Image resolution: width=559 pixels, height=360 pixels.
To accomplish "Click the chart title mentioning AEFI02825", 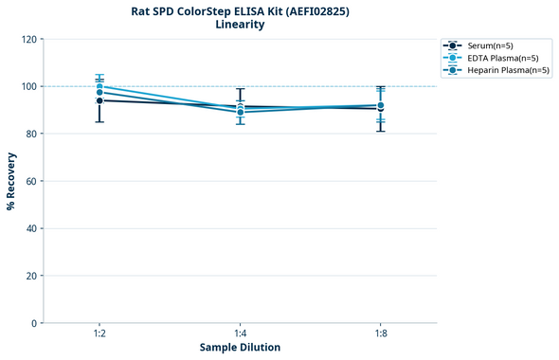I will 240,11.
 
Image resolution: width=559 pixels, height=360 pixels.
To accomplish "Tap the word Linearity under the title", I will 240,25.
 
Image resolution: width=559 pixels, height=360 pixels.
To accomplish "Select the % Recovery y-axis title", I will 11,181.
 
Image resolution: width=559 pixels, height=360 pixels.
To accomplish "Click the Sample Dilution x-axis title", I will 240,348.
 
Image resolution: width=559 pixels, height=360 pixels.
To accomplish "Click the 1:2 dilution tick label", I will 99,333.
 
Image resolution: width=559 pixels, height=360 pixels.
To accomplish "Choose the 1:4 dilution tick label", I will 241,333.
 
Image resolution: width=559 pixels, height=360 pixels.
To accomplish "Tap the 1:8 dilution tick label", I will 381,333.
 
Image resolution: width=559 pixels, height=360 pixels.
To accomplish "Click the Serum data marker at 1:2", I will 99,100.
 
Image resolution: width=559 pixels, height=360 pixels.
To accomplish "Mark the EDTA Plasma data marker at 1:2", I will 99,87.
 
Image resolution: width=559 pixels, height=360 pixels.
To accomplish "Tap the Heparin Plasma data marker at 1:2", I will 99,93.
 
